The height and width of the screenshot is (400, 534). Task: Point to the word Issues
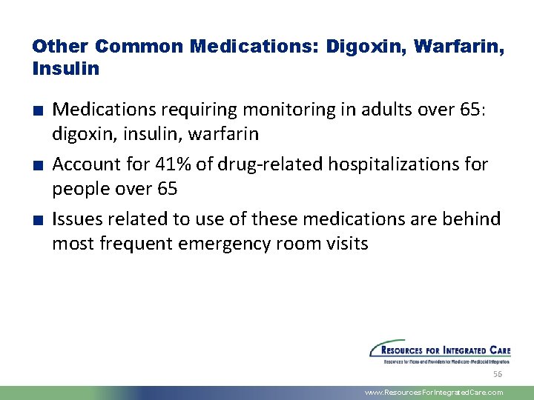(x=78, y=219)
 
